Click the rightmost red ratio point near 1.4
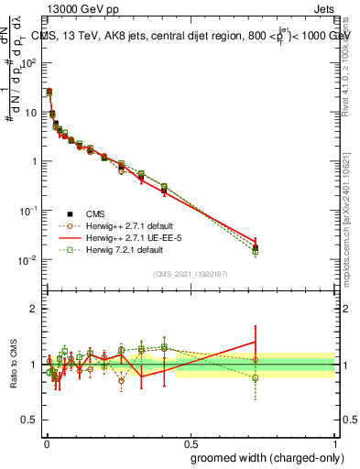point(256,342)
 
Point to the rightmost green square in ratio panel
point(256,377)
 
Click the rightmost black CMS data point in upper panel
point(256,247)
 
